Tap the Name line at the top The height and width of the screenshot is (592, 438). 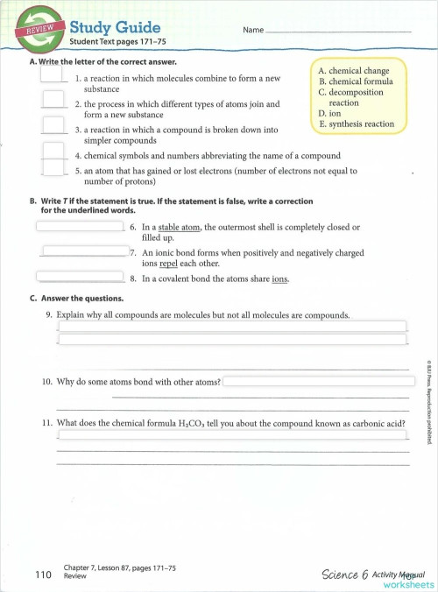click(x=337, y=31)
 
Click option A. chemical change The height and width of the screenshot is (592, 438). click(x=354, y=71)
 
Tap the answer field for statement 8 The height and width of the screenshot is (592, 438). click(x=80, y=277)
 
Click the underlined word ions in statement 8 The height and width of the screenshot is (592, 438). click(x=279, y=280)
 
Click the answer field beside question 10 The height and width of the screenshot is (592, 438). click(x=319, y=382)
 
